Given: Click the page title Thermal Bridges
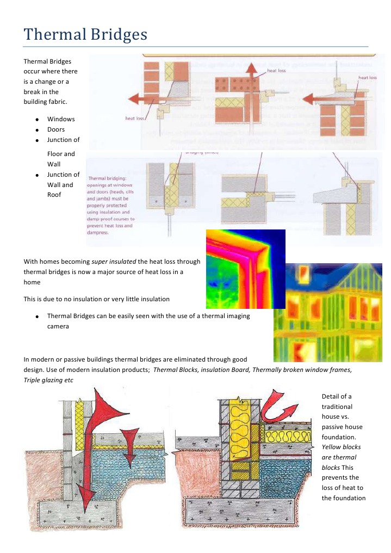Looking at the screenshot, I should click(x=85, y=35).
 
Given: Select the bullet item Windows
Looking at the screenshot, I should click(x=61, y=119).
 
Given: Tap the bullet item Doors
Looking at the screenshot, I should click(x=56, y=129).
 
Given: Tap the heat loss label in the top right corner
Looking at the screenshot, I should click(x=367, y=78).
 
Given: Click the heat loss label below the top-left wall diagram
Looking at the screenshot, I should click(x=134, y=118).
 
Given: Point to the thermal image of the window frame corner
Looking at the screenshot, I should click(x=245, y=269).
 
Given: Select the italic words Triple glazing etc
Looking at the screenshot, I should click(x=48, y=380).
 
